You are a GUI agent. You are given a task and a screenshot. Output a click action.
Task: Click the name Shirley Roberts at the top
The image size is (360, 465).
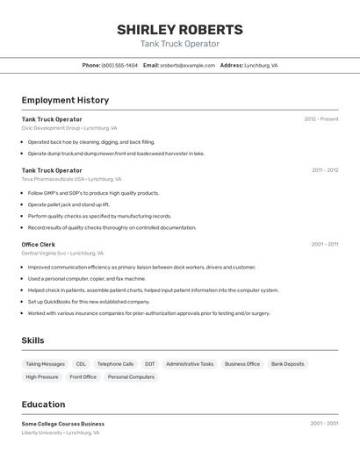(x=180, y=30)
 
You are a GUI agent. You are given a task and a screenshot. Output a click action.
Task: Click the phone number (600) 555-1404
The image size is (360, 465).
(x=119, y=66)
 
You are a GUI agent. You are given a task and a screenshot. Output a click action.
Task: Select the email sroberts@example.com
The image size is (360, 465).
(x=187, y=66)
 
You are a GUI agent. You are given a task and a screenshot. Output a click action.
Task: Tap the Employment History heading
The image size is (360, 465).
(x=65, y=101)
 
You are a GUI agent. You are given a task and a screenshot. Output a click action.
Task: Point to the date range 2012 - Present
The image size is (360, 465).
(x=320, y=119)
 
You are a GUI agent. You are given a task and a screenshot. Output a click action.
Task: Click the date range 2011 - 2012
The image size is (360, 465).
(x=324, y=170)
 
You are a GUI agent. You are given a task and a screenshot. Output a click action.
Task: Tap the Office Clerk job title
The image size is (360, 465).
(x=39, y=245)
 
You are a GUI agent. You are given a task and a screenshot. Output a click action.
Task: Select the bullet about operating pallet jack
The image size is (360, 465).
(x=68, y=204)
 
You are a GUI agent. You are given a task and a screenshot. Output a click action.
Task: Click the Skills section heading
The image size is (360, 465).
(x=32, y=340)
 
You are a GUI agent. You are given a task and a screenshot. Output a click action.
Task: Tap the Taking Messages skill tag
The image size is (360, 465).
(x=45, y=364)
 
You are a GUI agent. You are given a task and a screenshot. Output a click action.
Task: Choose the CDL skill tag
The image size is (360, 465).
(x=81, y=364)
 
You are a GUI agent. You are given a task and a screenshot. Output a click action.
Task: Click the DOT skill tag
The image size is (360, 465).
(x=150, y=364)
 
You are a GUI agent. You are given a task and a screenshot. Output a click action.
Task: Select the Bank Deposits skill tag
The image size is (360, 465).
(x=288, y=364)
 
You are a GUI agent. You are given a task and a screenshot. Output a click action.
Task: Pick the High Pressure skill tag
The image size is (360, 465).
(x=42, y=377)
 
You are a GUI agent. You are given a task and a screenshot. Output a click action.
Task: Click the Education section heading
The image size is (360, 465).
(x=43, y=404)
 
